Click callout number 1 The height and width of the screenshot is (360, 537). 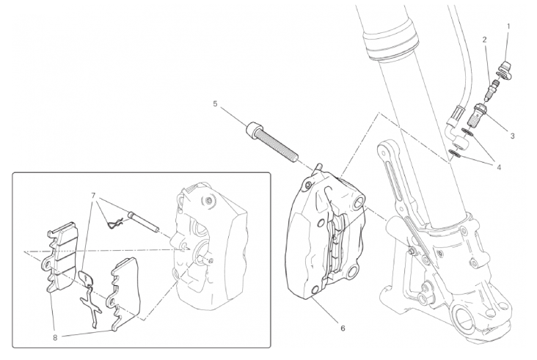[x=508, y=26]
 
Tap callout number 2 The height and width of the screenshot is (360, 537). [x=485, y=40]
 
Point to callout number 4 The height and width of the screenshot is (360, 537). [x=499, y=167]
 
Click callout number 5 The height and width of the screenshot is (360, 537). [x=215, y=103]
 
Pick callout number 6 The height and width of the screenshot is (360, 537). [x=343, y=328]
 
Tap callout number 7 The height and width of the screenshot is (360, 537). [x=93, y=196]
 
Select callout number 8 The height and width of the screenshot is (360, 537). [x=55, y=337]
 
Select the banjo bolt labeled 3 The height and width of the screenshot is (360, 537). [x=476, y=116]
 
